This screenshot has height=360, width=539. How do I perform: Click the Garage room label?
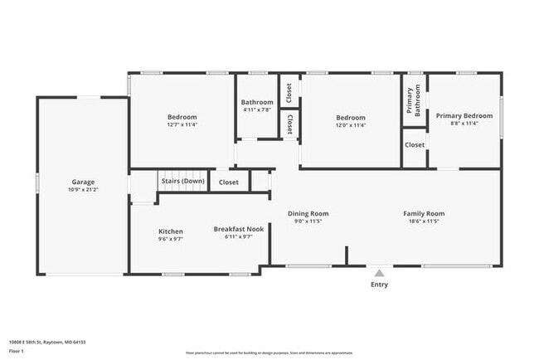83,182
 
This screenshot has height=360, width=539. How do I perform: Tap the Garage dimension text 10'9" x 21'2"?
83,189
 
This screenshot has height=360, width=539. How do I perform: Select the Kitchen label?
171,231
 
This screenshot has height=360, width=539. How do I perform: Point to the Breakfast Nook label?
232,229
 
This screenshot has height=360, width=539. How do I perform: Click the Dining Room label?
308,213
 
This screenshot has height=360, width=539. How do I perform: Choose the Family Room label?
424,213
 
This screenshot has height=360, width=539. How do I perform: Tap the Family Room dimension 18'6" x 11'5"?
424,221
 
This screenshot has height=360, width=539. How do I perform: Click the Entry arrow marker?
379,272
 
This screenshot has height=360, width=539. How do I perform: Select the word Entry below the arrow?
379,285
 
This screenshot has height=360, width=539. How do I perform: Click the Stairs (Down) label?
182,181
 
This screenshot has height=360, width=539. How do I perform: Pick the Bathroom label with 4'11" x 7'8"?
257,102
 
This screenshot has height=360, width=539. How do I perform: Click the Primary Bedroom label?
464,115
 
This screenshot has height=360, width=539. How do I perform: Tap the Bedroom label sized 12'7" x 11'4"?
182,117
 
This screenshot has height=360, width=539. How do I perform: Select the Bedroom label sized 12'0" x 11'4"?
350,117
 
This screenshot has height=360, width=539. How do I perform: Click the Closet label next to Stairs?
229,182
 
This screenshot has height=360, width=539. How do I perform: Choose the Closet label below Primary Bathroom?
415,144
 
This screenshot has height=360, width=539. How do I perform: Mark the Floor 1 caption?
17,351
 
